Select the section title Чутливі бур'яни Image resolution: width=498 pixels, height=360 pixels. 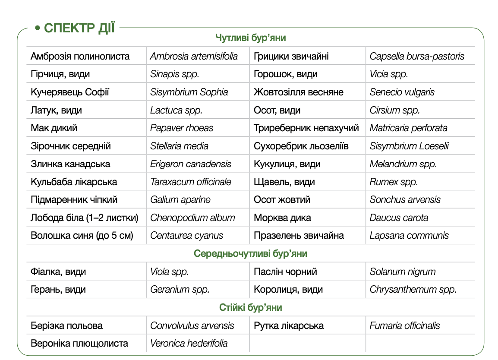pyautogui.click(x=250, y=38)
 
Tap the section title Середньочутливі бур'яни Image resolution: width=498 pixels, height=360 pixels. pyautogui.click(x=250, y=253)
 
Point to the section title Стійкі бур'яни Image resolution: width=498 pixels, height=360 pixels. pyautogui.click(x=250, y=307)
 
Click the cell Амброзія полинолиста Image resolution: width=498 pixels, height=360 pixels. pyautogui.click(x=80, y=56)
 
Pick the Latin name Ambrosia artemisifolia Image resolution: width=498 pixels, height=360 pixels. pyautogui.click(x=194, y=56)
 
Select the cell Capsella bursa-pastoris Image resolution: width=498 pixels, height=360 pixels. pyautogui.click(x=417, y=56)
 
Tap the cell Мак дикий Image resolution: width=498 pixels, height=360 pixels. pyautogui.click(x=54, y=128)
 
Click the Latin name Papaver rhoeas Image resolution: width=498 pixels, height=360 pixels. pyautogui.click(x=182, y=128)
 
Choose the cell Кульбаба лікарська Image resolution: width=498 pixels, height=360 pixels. pyautogui.click(x=74, y=182)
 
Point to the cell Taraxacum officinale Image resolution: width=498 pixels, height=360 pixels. pyautogui.click(x=191, y=182)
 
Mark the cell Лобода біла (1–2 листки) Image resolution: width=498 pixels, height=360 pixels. pyautogui.click(x=85, y=218)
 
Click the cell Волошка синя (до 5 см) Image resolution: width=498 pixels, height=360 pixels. pyautogui.click(x=82, y=236)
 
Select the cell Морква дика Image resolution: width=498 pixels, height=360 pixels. pyautogui.click(x=282, y=218)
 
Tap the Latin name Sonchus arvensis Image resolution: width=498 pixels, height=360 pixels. pyautogui.click(x=405, y=200)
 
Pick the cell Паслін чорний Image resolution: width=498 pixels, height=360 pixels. pyautogui.click(x=285, y=272)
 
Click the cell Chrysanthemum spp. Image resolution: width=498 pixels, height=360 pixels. pyautogui.click(x=413, y=290)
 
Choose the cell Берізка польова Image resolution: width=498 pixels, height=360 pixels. pyautogui.click(x=66, y=326)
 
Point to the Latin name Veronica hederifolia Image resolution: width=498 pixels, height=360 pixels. pyautogui.click(x=189, y=344)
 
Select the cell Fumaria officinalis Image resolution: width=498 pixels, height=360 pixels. pyautogui.click(x=404, y=326)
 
